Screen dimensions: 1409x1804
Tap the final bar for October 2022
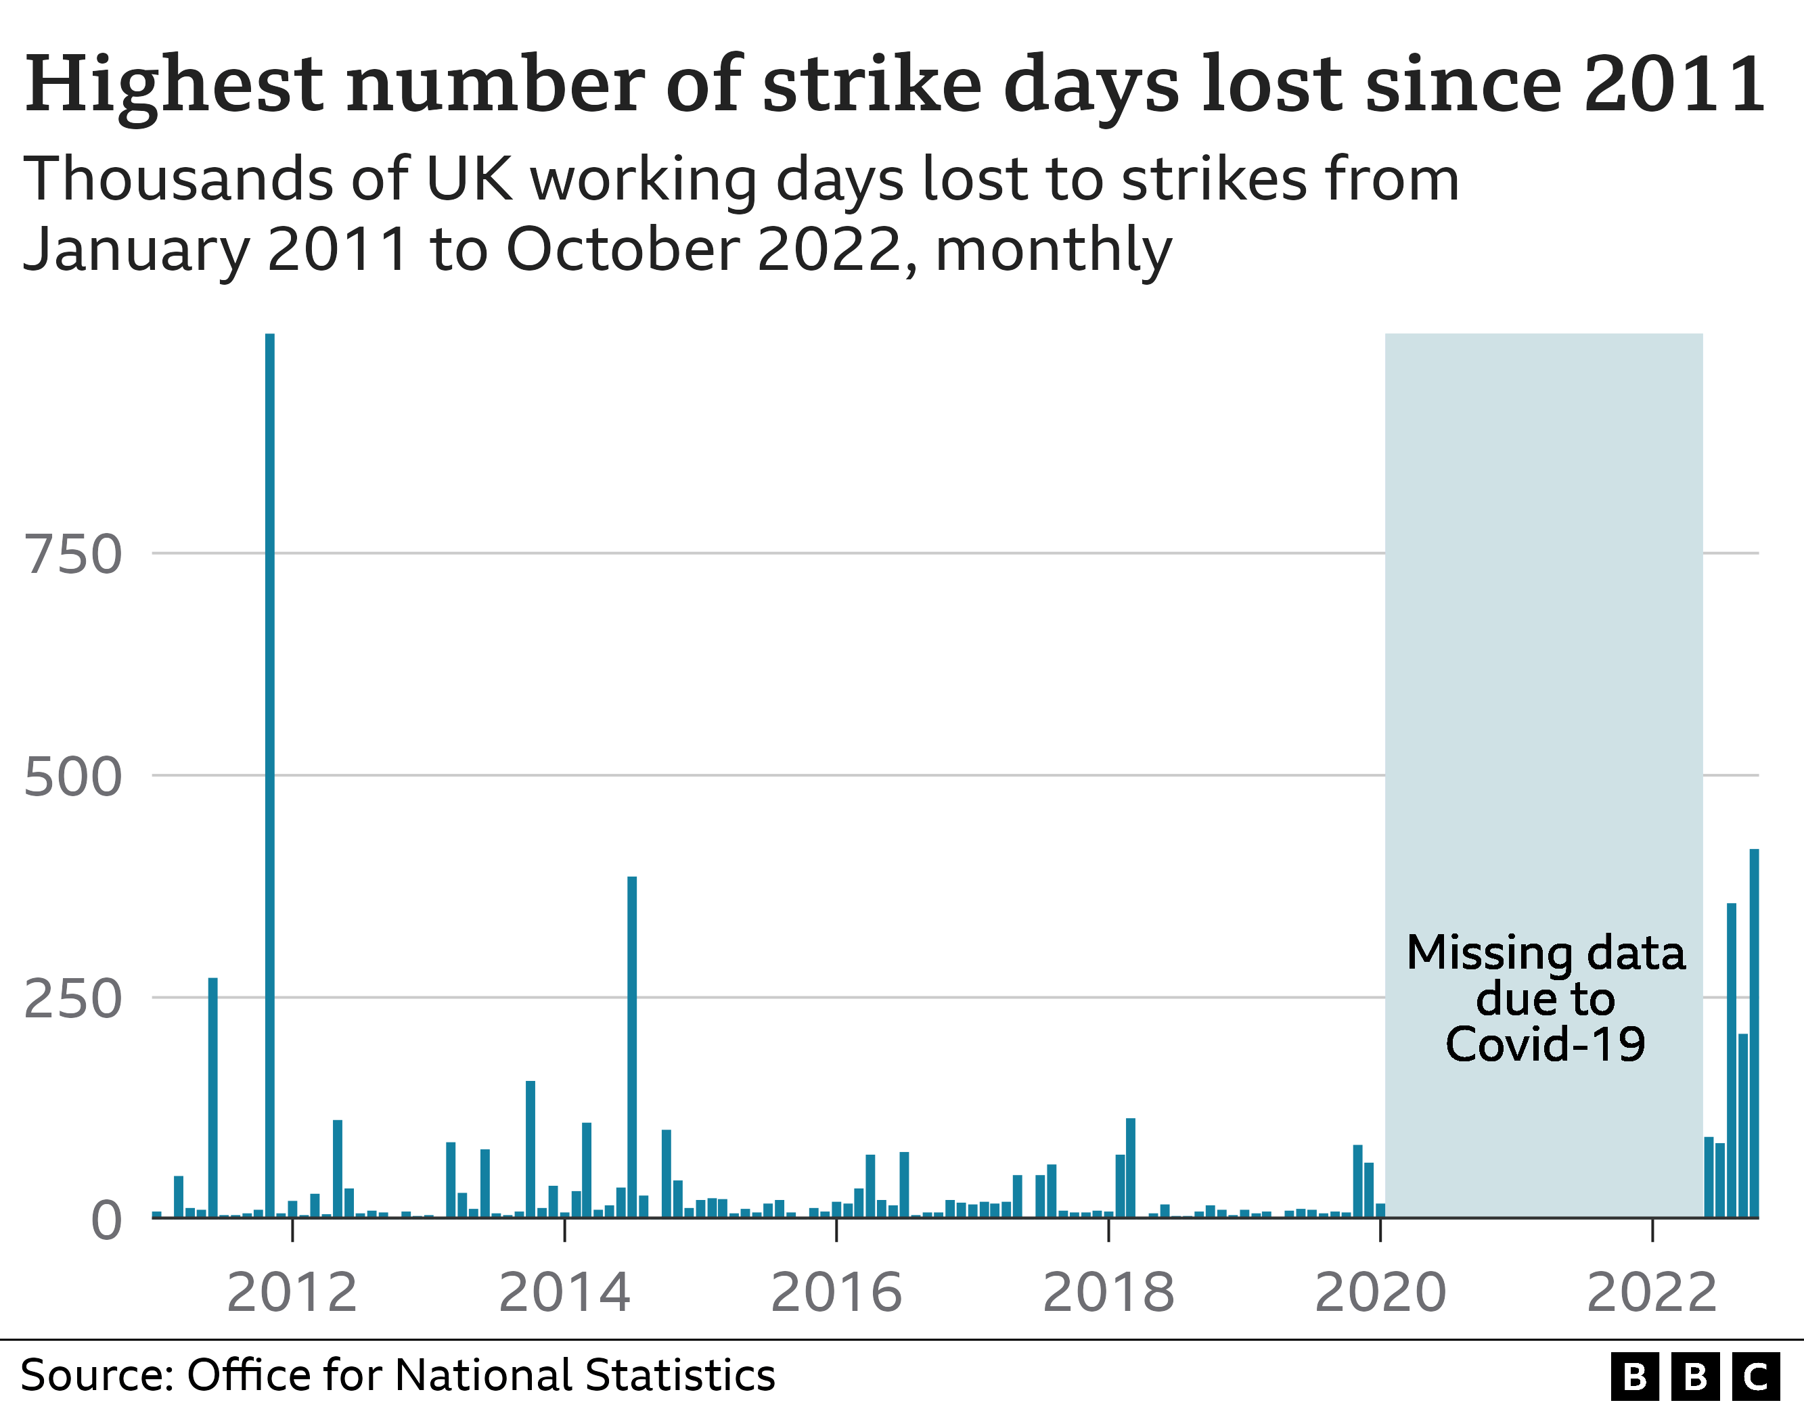1754,1032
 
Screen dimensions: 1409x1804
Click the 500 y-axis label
72,777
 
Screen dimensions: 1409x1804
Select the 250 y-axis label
72,999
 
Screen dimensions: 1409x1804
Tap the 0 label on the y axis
106,1221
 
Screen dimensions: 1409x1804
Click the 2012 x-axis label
292,1293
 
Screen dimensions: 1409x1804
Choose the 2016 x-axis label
836,1293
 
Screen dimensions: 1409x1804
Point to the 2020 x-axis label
1380,1293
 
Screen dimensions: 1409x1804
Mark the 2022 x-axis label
1652,1293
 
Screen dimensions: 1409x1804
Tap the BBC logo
1695,1377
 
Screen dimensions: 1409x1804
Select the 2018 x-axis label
1108,1293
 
